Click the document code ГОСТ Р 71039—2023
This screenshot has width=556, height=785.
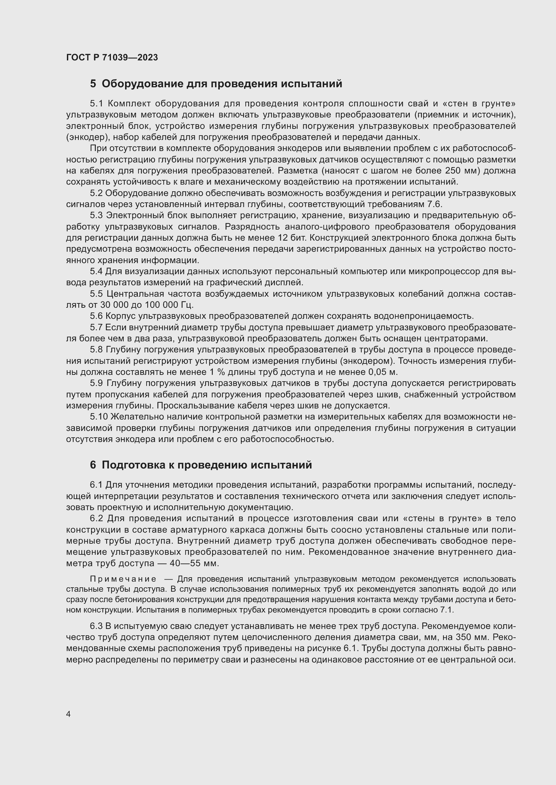112,57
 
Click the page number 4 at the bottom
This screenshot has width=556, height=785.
69,714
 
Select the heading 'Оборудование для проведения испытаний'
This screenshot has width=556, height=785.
222,84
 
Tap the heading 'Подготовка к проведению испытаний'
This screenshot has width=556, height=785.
207,465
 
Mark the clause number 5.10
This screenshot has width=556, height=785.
99,417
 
